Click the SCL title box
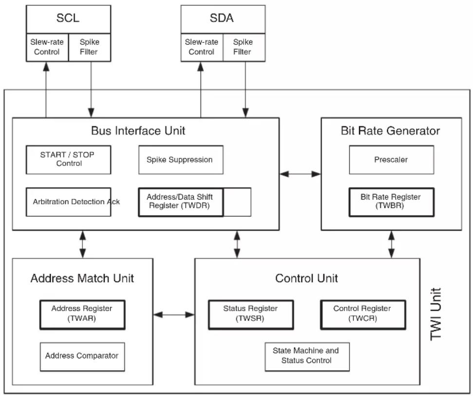pyautogui.click(x=69, y=19)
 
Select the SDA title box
pyautogui.click(x=223, y=19)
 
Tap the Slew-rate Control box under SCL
pyautogui.click(x=47, y=47)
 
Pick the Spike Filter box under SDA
pyautogui.click(x=244, y=47)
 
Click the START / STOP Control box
pyautogui.click(x=69, y=160)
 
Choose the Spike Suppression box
pyautogui.click(x=181, y=160)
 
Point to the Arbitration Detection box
pyautogui.click(x=69, y=202)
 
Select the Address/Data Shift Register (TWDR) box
pyautogui.click(x=181, y=202)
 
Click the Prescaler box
pyautogui.click(x=392, y=160)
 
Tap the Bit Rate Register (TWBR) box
pyautogui.click(x=392, y=202)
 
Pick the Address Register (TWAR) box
pyautogui.click(x=82, y=315)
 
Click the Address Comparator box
pyautogui.click(x=82, y=356)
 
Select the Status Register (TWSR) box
pyautogui.click(x=251, y=315)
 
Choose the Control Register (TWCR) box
pyautogui.click(x=363, y=315)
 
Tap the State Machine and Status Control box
pyautogui.click(x=307, y=356)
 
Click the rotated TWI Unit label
pyautogui.click(x=435, y=314)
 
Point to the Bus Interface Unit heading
pyautogui.click(x=138, y=131)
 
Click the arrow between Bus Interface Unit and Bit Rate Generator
pyautogui.click(x=300, y=174)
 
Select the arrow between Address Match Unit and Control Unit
pyautogui.click(x=174, y=315)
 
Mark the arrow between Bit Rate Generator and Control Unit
pyautogui.click(x=392, y=244)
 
